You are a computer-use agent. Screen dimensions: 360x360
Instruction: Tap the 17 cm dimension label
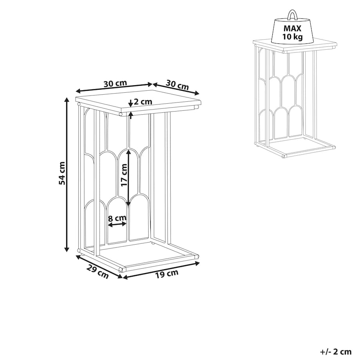[x=124, y=175]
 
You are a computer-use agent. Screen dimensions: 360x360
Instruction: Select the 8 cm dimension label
[x=117, y=218]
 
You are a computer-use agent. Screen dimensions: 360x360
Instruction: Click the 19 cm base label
[x=167, y=274]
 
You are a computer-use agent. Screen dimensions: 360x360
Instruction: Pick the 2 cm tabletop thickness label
[x=143, y=102]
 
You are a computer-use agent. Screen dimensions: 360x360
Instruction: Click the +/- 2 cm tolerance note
[x=336, y=351]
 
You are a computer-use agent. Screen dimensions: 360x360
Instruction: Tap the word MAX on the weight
[x=292, y=28]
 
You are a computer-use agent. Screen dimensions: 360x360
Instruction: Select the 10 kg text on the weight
[x=292, y=36]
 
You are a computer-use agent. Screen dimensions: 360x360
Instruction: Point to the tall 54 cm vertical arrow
[x=67, y=175]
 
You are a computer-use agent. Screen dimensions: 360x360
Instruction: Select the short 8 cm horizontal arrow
[x=117, y=224]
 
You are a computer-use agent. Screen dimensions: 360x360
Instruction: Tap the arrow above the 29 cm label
[x=99, y=267]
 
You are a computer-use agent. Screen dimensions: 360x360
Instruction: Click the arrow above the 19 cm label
[x=161, y=270]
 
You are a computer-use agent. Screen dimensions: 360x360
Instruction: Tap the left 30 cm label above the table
[x=115, y=84]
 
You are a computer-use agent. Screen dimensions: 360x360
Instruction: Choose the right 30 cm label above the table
[x=177, y=85]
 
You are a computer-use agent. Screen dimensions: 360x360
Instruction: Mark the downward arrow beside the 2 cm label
[x=131, y=103]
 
